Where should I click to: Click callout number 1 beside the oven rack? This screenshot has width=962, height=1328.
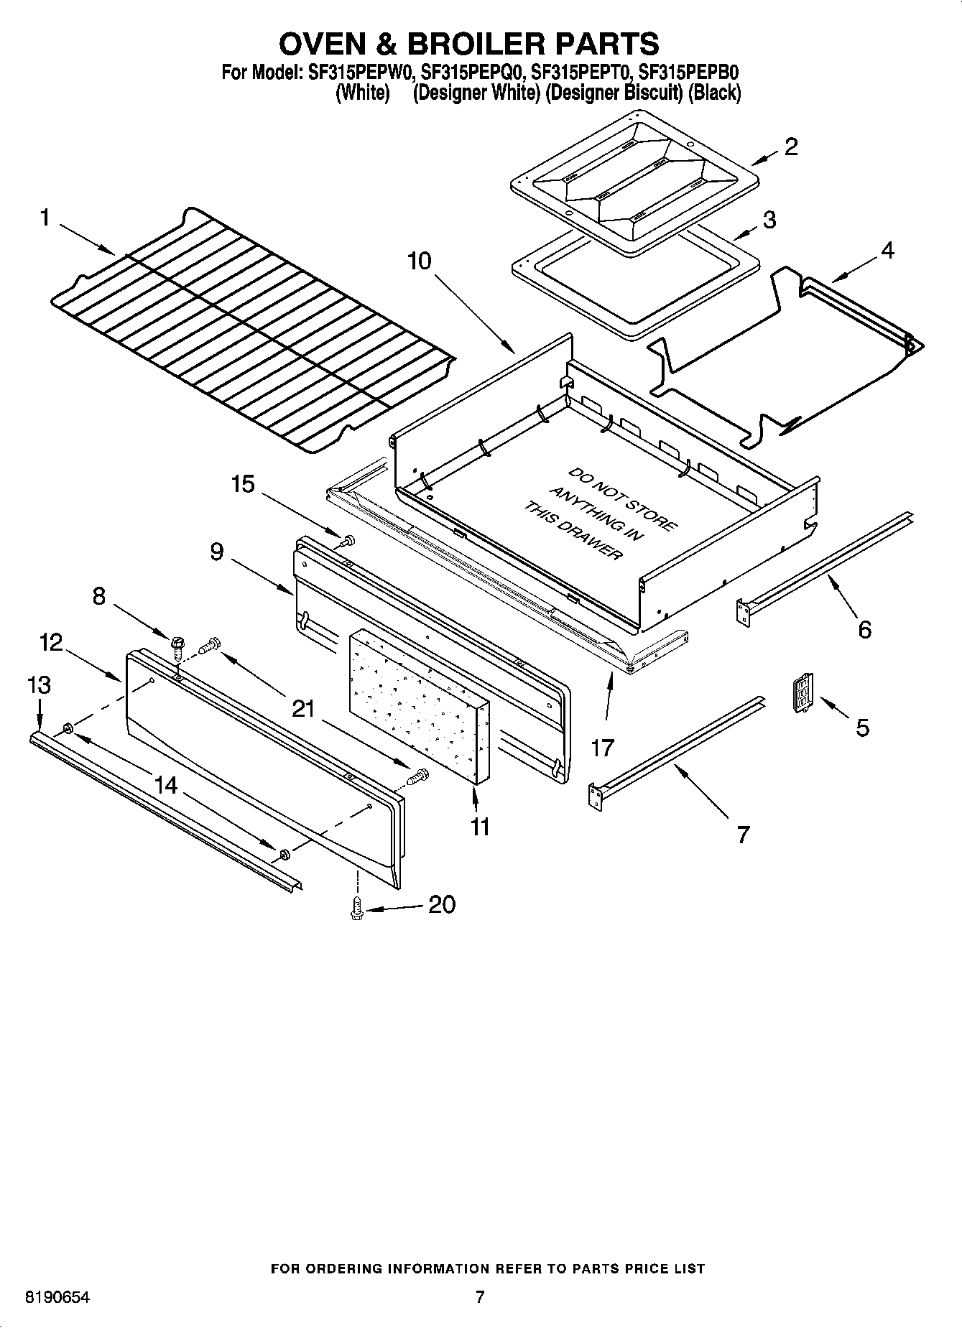45,217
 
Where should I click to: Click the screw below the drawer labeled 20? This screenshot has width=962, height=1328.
355,908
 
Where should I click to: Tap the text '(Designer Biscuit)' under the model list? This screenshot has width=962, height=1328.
614,93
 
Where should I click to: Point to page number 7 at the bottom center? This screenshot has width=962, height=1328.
480,1297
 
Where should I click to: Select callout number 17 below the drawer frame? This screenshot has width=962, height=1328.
602,748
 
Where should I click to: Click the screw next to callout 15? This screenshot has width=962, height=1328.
349,540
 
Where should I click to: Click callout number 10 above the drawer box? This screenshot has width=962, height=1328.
420,260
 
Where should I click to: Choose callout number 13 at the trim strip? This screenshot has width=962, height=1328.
39,685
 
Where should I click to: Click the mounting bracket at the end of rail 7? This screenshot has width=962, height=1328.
595,797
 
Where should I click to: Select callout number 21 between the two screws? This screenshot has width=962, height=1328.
303,708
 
